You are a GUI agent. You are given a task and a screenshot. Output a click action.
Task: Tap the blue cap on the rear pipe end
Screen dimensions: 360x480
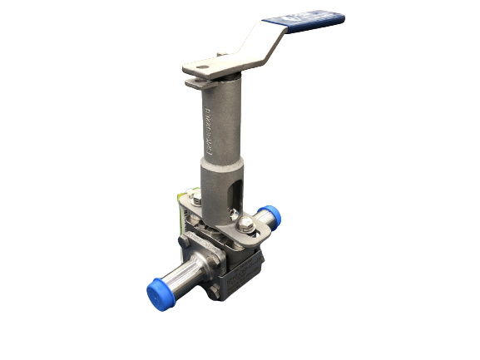click(x=270, y=216)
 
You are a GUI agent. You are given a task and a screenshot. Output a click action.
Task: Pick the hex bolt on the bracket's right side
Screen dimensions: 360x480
click(x=246, y=222)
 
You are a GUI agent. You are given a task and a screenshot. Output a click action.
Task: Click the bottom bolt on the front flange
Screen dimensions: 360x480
click(x=214, y=292)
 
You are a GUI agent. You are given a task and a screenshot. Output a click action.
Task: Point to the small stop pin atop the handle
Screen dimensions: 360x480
click(x=221, y=57)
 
